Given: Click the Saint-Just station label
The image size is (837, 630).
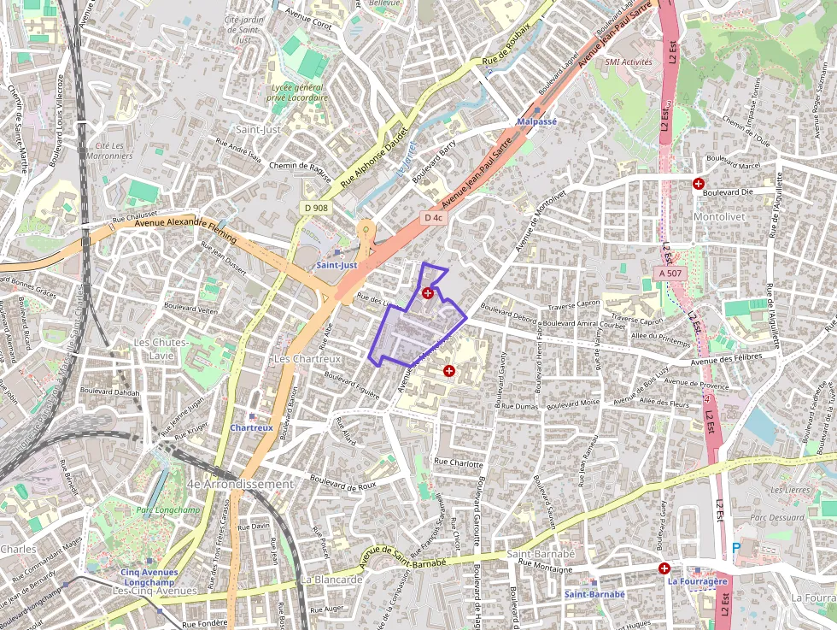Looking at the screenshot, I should pyautogui.click(x=337, y=265).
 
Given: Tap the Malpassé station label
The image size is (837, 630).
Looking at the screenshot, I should pyautogui.click(x=537, y=121).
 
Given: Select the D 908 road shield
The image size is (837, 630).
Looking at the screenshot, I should pyautogui.click(x=315, y=208).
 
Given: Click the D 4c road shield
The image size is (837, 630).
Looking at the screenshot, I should pyautogui.click(x=434, y=218).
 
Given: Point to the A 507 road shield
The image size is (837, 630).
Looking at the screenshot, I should pyautogui.click(x=670, y=273).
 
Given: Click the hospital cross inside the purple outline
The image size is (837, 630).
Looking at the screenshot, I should pyautogui.click(x=428, y=293).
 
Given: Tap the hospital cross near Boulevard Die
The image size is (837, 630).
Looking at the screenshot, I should pyautogui.click(x=699, y=183).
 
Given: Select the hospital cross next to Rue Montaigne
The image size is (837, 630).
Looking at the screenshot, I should pyautogui.click(x=664, y=568).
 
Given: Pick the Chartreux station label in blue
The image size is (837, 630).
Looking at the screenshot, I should pyautogui.click(x=251, y=427).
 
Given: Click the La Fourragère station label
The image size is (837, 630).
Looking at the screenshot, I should pyautogui.click(x=697, y=581).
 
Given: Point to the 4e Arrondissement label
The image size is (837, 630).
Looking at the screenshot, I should pyautogui.click(x=240, y=484).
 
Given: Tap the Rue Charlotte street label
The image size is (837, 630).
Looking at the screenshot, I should pyautogui.click(x=459, y=462).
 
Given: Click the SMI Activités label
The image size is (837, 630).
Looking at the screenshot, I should pyautogui.click(x=628, y=62).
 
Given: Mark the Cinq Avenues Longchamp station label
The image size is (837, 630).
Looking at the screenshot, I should pyautogui.click(x=149, y=577).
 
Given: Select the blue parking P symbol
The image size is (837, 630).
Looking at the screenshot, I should pyautogui.click(x=736, y=547).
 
